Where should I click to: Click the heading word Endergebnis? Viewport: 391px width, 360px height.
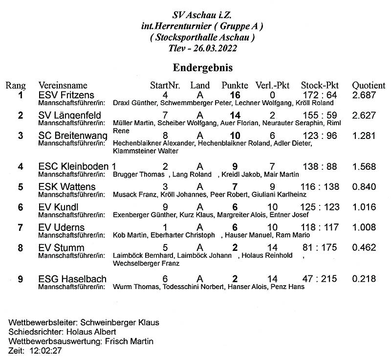click(202, 67)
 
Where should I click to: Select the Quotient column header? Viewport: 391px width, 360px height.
click(369, 85)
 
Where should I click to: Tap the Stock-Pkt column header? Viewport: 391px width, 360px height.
click(320, 85)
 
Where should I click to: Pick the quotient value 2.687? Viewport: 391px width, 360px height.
click(364, 95)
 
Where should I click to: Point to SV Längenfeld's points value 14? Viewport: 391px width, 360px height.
click(235, 115)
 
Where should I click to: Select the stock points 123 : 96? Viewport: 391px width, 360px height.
click(320, 136)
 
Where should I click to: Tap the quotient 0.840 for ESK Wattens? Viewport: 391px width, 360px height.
click(364, 187)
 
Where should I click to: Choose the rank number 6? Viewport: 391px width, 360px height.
click(21, 207)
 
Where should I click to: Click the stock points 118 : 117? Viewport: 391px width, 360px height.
click(320, 227)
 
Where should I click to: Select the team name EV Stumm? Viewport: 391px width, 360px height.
click(61, 248)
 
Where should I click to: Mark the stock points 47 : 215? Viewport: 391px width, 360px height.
click(320, 279)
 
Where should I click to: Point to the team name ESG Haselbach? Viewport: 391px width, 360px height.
click(72, 279)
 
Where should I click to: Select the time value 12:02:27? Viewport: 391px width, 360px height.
click(46, 351)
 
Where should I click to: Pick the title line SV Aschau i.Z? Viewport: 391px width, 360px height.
click(202, 16)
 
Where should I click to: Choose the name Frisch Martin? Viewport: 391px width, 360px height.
click(129, 341)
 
